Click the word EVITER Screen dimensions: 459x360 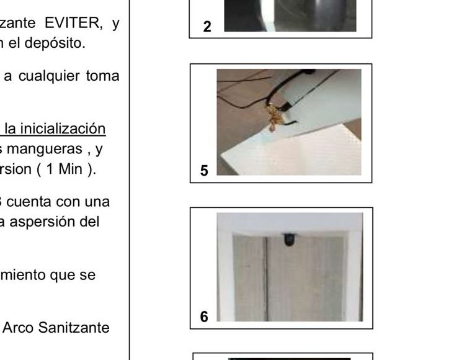tap(73, 23)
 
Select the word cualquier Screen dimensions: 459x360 tap(49, 76)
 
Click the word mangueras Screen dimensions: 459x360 tap(45, 150)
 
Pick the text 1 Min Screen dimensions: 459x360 tap(65, 169)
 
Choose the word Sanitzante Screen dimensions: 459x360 tap(74, 328)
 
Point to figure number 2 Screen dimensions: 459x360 tap(207, 27)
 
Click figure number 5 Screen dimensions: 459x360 tap(204, 171)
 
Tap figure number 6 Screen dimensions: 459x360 tap(204, 317)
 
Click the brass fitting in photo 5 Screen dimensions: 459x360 tap(274, 117)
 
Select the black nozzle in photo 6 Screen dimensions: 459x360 tap(290, 239)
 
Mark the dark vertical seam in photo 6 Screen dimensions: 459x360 tap(266, 279)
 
